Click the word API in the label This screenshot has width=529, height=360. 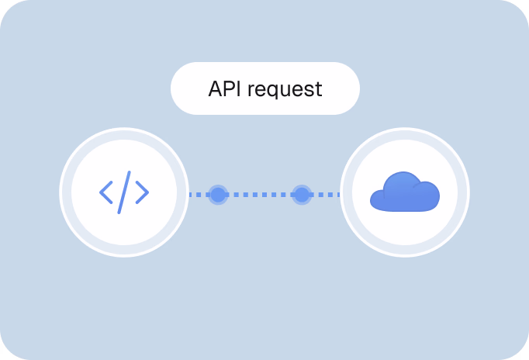click(225, 88)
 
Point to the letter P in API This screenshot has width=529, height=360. click(227, 88)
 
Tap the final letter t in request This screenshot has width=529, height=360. click(318, 89)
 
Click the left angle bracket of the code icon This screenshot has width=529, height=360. click(106, 192)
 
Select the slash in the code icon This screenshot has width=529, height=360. click(124, 192)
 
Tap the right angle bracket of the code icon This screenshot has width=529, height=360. click(142, 192)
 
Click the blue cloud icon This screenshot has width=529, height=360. click(404, 194)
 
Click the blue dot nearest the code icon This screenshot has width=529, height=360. click(218, 194)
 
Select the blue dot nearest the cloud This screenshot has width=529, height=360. click(302, 194)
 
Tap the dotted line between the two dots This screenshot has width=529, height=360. click(260, 194)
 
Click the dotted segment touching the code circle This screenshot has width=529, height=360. click(199, 194)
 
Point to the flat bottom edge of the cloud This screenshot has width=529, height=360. click(404, 209)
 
